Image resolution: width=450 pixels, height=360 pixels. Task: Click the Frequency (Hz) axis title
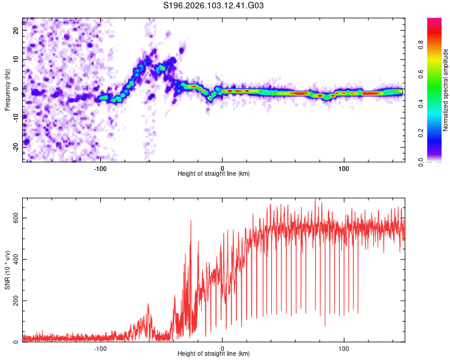tap(7, 90)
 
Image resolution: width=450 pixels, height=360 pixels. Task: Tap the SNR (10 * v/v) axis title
tap(7, 270)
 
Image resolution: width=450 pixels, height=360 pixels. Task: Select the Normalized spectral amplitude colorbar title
tap(445, 90)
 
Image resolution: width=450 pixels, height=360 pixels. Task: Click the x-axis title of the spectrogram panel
tap(214, 174)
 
